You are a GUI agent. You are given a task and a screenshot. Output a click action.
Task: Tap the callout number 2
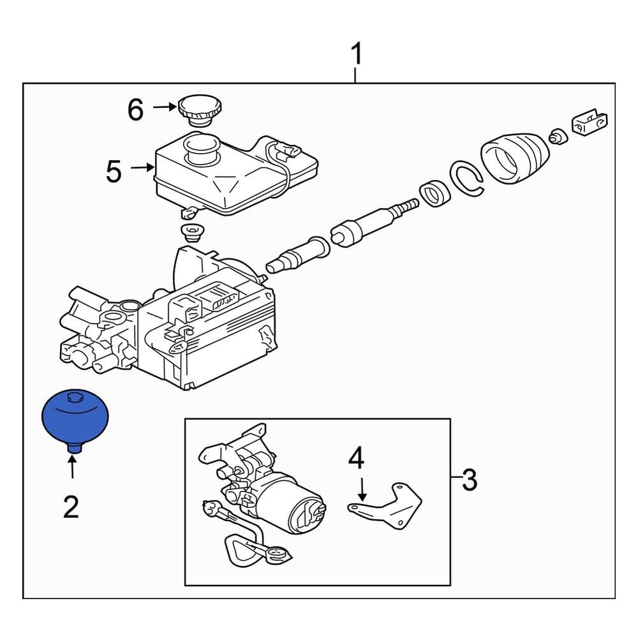(x=71, y=507)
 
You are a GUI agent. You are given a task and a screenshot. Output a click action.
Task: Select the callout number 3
(x=469, y=479)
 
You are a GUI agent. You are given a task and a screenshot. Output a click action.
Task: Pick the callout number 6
(x=135, y=110)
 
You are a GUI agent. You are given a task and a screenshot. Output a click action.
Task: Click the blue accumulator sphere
(x=75, y=418)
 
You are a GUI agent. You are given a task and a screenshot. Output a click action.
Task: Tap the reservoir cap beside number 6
(x=199, y=109)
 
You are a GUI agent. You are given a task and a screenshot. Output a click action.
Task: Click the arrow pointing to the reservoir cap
(x=164, y=108)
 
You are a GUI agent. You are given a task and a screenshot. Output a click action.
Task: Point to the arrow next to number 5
(x=142, y=168)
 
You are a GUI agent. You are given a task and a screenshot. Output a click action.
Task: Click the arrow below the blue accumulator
(x=72, y=467)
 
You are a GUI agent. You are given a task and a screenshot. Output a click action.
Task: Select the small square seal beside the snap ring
(x=435, y=193)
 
